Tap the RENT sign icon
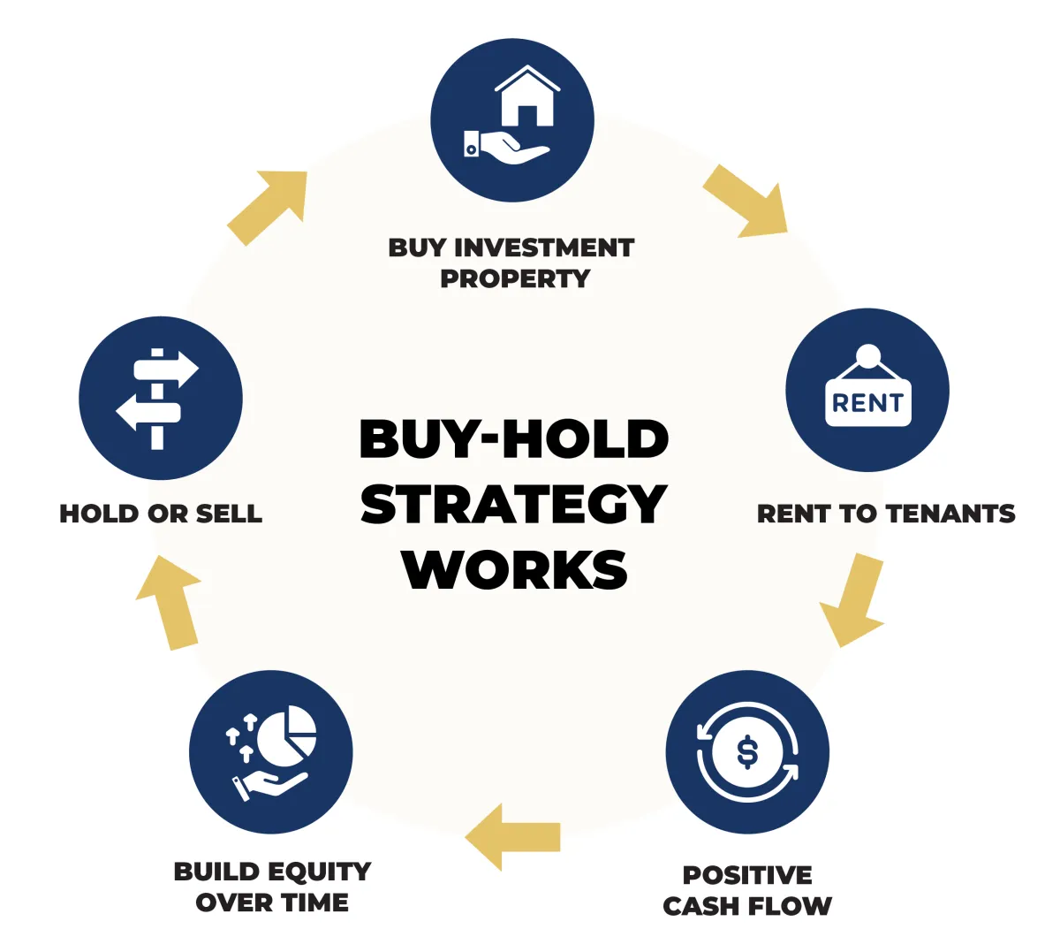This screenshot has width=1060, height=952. [x=867, y=396]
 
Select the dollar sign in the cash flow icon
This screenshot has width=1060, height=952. [x=747, y=752]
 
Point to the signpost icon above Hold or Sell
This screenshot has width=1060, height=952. [x=159, y=399]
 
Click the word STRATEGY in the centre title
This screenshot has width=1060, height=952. [x=513, y=504]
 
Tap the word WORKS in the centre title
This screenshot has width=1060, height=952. [x=514, y=569]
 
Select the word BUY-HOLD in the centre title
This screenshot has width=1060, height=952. [x=514, y=438]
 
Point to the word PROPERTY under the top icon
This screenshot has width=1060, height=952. [x=515, y=278]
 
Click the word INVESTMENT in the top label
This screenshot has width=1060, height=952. [x=544, y=248]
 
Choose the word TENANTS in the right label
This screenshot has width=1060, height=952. [x=950, y=514]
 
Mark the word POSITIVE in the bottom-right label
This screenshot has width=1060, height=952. [x=747, y=875]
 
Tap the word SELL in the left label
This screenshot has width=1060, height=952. [x=229, y=514]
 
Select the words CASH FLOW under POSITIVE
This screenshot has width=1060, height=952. [x=747, y=906]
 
